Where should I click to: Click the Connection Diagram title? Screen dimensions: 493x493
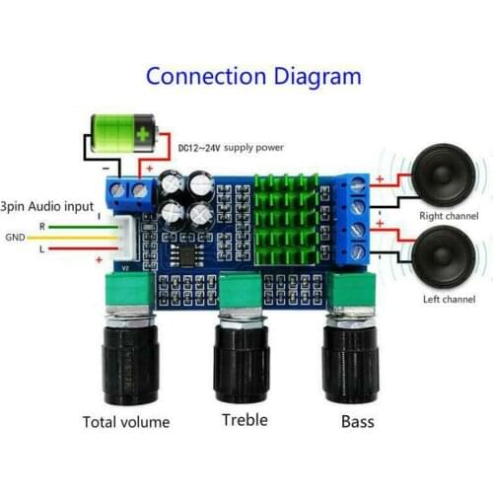253,76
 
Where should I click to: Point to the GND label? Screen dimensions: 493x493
16,238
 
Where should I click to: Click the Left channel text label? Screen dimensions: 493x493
447,298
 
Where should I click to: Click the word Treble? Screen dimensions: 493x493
245,420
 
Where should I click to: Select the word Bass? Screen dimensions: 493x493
357,421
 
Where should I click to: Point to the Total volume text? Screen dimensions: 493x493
126,422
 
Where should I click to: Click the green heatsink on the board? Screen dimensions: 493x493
288,221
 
